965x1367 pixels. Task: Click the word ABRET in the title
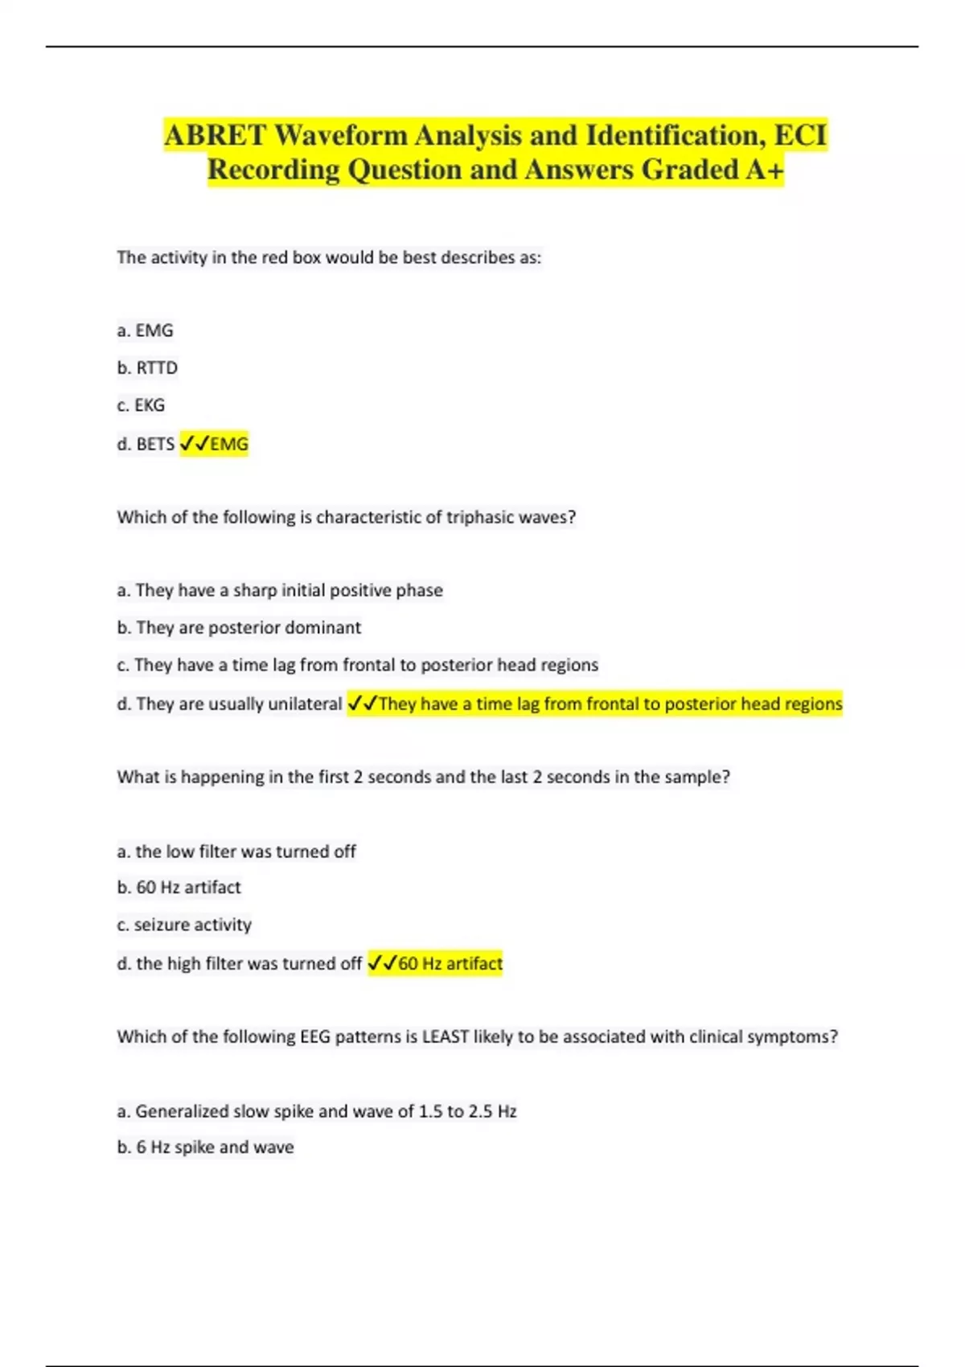214,135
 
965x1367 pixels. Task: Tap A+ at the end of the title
763,170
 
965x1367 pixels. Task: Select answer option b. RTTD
147,367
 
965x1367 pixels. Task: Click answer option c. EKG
141,405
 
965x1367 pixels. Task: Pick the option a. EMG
145,330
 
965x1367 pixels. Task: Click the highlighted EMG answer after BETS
229,444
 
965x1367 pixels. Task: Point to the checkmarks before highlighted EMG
195,444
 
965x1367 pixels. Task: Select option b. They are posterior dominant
239,627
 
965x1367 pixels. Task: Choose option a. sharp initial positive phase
280,590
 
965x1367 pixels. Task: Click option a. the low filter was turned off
236,851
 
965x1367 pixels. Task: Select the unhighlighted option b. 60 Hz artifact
179,887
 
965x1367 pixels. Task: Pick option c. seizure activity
184,925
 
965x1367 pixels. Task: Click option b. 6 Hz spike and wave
205,1147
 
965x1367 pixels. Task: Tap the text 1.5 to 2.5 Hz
467,1111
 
